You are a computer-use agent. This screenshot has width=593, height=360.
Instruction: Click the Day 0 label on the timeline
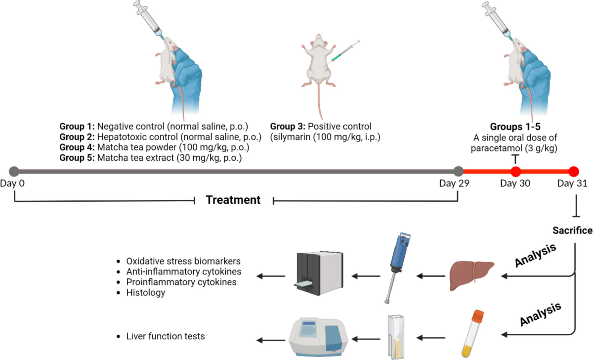12,183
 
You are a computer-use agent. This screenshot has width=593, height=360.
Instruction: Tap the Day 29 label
454,183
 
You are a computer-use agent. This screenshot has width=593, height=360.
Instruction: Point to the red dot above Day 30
515,172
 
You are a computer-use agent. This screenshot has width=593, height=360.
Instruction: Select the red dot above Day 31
574,172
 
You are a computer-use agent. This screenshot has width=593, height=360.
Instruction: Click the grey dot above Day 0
14,172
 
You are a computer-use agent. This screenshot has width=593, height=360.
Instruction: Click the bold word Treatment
233,200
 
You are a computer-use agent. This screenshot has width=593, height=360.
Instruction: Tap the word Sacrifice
572,230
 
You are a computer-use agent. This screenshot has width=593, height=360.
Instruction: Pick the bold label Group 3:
288,127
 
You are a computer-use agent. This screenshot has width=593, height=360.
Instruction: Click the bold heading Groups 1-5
515,127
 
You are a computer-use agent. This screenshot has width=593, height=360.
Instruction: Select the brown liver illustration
472,275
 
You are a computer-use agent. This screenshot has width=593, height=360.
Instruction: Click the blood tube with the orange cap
473,333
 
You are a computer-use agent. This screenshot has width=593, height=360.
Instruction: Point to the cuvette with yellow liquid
396,337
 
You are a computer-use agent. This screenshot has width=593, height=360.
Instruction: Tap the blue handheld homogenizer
398,268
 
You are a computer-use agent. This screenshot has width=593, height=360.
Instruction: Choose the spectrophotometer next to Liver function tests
318,337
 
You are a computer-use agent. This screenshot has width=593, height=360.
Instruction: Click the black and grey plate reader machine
319,273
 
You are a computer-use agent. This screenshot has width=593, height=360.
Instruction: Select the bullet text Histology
146,292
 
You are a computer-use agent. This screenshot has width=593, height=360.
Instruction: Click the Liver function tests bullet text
166,336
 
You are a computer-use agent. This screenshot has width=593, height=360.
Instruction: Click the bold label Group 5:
77,158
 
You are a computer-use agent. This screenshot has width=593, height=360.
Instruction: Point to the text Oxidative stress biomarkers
183,261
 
